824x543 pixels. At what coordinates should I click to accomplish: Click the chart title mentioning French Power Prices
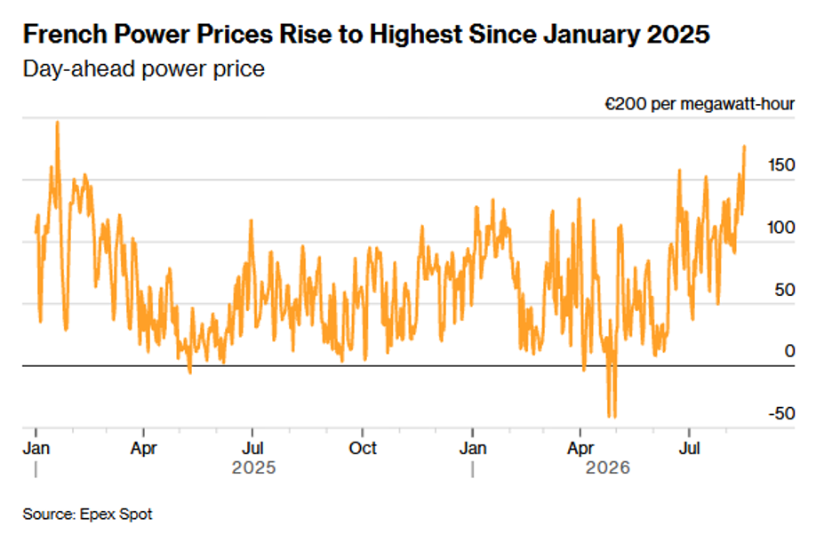pyautogui.click(x=366, y=35)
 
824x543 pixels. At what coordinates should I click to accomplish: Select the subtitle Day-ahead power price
pyautogui.click(x=143, y=69)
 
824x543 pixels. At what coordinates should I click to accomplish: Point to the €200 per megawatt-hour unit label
pyautogui.click(x=700, y=104)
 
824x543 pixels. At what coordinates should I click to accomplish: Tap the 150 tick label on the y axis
pyautogui.click(x=781, y=165)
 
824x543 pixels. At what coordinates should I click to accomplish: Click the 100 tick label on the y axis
pyautogui.click(x=781, y=228)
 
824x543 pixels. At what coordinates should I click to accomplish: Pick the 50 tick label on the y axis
pyautogui.click(x=785, y=290)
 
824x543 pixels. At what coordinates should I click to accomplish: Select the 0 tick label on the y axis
pyautogui.click(x=789, y=351)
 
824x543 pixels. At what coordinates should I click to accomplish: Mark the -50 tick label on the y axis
pyautogui.click(x=781, y=413)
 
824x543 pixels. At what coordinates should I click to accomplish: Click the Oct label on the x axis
pyautogui.click(x=363, y=449)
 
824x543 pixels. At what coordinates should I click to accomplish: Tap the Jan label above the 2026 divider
pyautogui.click(x=473, y=449)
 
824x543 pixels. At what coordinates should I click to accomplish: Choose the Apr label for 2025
pyautogui.click(x=143, y=449)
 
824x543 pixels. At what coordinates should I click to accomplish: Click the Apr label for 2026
pyautogui.click(x=580, y=449)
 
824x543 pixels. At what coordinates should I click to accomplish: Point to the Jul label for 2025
pyautogui.click(x=252, y=449)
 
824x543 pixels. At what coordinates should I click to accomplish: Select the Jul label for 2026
pyautogui.click(x=690, y=449)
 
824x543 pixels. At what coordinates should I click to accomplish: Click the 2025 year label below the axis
pyautogui.click(x=254, y=467)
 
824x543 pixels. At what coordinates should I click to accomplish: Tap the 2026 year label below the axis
pyautogui.click(x=607, y=467)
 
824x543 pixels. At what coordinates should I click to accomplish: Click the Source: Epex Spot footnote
pyautogui.click(x=87, y=514)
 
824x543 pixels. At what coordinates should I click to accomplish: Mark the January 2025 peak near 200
pyautogui.click(x=57, y=123)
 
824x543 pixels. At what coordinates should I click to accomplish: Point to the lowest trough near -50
pyautogui.click(x=615, y=417)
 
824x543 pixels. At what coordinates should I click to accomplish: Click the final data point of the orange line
pyautogui.click(x=745, y=146)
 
